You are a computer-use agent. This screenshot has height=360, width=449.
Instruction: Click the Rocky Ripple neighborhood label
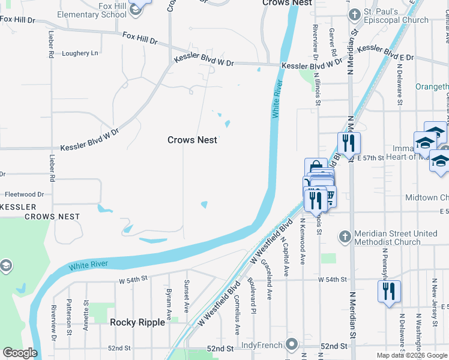137,322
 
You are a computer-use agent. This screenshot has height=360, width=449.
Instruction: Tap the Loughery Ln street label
80,53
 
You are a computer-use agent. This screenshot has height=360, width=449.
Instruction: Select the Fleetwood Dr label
24,194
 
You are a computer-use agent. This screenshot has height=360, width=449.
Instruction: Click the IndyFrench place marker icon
292,344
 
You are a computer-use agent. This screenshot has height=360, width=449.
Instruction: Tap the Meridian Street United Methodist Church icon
345,236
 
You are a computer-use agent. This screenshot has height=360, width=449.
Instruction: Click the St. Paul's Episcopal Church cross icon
354,14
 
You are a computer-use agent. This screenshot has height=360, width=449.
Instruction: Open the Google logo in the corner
20,353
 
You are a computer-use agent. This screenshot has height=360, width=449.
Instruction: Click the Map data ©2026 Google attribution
412,355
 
